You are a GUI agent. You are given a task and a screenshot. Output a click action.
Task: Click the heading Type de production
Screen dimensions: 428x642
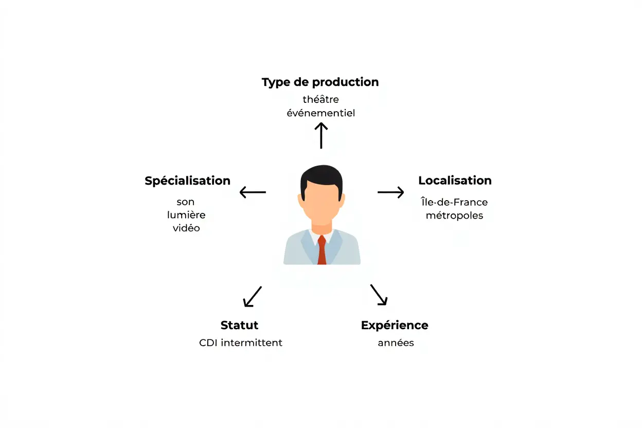tap(320, 82)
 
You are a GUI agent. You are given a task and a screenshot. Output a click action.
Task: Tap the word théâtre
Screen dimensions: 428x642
tap(320, 99)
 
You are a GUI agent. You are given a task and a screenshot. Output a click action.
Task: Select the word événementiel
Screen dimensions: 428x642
tap(320, 113)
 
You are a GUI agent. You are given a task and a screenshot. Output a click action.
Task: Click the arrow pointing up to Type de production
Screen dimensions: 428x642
tap(321, 135)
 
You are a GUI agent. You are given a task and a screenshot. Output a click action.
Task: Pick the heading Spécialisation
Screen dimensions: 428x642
tap(187, 181)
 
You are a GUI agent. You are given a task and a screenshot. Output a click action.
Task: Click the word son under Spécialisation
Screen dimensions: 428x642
tap(185, 202)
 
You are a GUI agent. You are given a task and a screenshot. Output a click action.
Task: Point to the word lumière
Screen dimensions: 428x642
tap(186, 215)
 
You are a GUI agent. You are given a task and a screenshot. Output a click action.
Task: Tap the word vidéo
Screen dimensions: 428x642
tap(186, 227)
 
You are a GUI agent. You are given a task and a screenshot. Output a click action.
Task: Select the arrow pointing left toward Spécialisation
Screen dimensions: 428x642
tap(253, 192)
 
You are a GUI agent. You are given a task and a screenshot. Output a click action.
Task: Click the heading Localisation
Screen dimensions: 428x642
tap(455, 181)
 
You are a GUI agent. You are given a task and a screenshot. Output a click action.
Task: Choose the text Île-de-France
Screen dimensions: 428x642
tap(454, 202)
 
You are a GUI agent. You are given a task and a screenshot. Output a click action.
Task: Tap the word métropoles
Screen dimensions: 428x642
tap(454, 215)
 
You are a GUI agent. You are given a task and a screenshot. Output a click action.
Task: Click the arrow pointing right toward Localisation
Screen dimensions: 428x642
tap(391, 192)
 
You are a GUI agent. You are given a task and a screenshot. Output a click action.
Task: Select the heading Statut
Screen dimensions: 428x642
tap(239, 325)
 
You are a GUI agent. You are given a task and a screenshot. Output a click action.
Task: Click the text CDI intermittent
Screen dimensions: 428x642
tap(241, 343)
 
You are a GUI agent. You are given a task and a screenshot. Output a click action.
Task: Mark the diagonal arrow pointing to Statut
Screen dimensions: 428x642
tap(252, 297)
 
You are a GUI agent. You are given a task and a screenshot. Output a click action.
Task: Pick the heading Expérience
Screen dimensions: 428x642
tap(395, 325)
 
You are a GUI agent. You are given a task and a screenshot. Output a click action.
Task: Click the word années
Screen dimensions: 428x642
tap(396, 343)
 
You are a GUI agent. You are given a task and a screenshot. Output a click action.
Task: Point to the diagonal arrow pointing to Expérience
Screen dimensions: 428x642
tap(379, 295)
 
